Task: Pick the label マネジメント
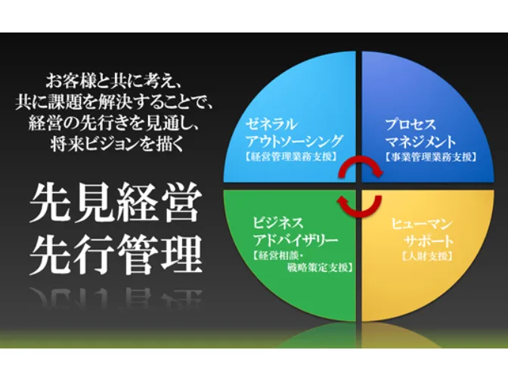[420, 141]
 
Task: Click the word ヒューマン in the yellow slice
[423, 225]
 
